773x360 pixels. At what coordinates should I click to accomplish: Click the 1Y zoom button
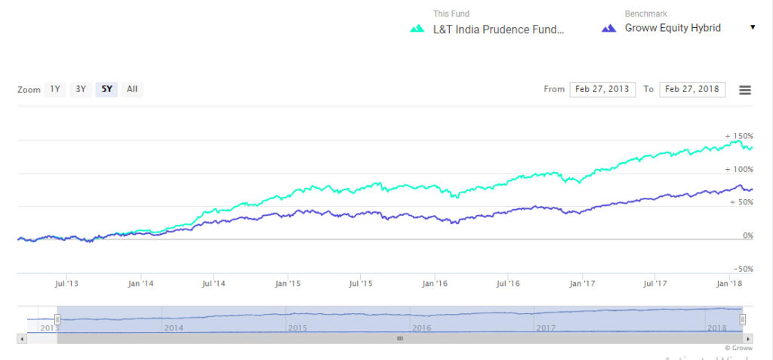pyautogui.click(x=54, y=89)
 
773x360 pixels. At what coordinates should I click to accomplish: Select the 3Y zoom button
pyautogui.click(x=80, y=89)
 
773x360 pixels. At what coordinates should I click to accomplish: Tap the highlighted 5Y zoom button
pyautogui.click(x=106, y=89)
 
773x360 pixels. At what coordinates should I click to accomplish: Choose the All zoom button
pyautogui.click(x=132, y=89)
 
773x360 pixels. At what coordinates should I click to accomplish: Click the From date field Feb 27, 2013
pyautogui.click(x=602, y=89)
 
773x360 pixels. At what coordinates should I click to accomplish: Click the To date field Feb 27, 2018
pyautogui.click(x=692, y=89)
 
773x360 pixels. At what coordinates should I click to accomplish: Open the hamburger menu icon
pyautogui.click(x=745, y=90)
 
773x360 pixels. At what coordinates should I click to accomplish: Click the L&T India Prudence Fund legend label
pyautogui.click(x=499, y=29)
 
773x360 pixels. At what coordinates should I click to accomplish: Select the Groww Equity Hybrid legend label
pyautogui.click(x=673, y=28)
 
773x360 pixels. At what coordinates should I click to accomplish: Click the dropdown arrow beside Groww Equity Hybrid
pyautogui.click(x=753, y=28)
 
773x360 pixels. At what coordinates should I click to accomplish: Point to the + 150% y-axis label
pyautogui.click(x=739, y=136)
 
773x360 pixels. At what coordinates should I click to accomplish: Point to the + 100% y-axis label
pyautogui.click(x=739, y=169)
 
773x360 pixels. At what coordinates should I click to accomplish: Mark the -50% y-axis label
pyautogui.click(x=743, y=269)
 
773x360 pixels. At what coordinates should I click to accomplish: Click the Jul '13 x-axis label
pyautogui.click(x=66, y=284)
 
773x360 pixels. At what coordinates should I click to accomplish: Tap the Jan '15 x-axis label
pyautogui.click(x=288, y=284)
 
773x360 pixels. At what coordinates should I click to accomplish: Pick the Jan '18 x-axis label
pyautogui.click(x=728, y=284)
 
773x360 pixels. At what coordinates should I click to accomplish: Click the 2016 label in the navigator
pyautogui.click(x=421, y=328)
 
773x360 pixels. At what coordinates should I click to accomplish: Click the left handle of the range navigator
pyautogui.click(x=57, y=319)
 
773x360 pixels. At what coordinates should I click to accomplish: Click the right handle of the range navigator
pyautogui.click(x=743, y=319)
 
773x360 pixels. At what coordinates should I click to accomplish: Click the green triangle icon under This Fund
pyautogui.click(x=417, y=29)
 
